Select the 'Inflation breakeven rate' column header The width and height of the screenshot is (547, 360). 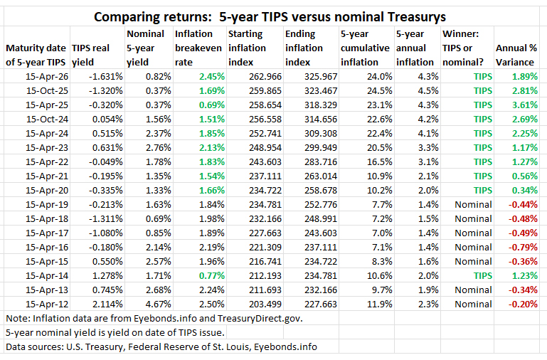(195, 48)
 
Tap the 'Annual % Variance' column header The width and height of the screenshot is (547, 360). (517, 55)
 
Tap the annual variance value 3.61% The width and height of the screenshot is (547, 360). (525, 105)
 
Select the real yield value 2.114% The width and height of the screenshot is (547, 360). (104, 304)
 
